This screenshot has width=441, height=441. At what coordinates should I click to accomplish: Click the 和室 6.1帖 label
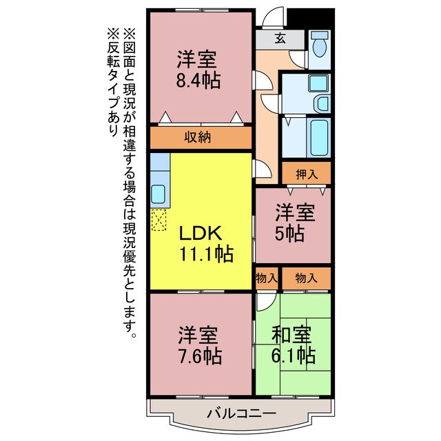coord(292,346)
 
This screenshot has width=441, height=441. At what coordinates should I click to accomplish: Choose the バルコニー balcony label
coord(242,414)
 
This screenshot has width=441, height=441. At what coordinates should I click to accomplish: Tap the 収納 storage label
coord(198,137)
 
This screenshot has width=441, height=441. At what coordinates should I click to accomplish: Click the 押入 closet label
coord(306,174)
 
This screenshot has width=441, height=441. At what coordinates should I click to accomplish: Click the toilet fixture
coord(319,47)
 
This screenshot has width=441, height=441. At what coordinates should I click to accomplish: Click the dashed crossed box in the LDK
coord(159,220)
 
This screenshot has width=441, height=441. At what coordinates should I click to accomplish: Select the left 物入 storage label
coord(267,278)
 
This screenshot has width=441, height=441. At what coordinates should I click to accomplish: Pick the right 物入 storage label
coord(306,278)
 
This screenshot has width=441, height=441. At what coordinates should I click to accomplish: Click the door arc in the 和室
coord(265,303)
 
